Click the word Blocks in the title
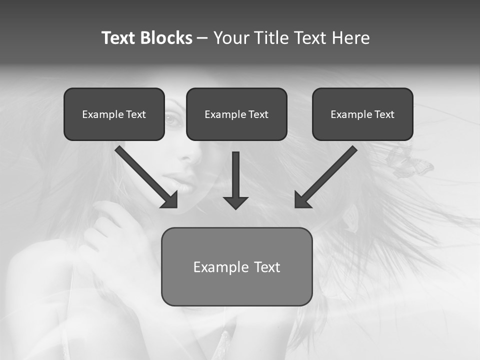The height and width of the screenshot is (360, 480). [x=167, y=38]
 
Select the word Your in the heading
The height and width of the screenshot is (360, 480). [x=231, y=38]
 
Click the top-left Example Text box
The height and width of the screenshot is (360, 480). [x=114, y=114]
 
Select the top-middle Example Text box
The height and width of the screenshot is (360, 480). [x=236, y=114]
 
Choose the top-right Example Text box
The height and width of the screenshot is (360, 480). [x=362, y=114]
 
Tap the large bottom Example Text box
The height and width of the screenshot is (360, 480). [x=236, y=266]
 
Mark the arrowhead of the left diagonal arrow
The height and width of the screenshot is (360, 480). [x=170, y=200]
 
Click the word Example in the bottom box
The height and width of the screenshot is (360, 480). [x=221, y=267]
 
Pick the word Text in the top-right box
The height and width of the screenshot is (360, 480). [x=384, y=114]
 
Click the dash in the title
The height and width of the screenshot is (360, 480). [x=202, y=38]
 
